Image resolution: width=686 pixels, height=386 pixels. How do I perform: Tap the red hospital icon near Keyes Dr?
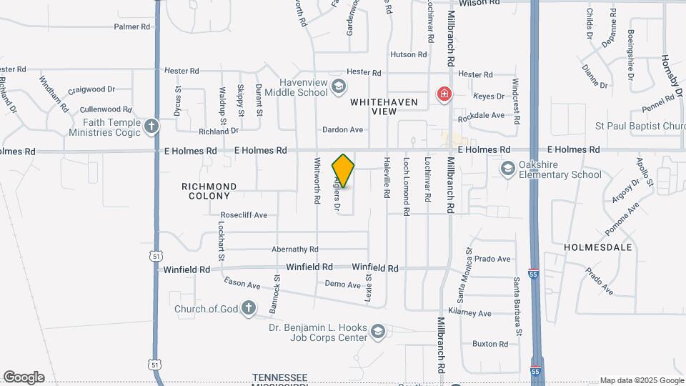pyautogui.click(x=444, y=94)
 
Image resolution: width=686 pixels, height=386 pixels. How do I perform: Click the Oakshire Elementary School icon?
pyautogui.click(x=507, y=169)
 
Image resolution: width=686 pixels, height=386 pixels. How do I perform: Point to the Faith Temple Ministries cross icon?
pyautogui.click(x=151, y=127)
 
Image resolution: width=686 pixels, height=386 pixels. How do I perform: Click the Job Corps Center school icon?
pyautogui.click(x=377, y=332)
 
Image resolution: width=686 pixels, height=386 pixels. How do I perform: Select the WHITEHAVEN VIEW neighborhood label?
pyautogui.click(x=384, y=107)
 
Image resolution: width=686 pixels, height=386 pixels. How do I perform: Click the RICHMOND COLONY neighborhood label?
pyautogui.click(x=209, y=191)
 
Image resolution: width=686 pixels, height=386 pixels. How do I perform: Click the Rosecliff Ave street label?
pyautogui.click(x=244, y=214)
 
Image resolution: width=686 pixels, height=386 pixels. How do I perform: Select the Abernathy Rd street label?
pyautogui.click(x=294, y=249)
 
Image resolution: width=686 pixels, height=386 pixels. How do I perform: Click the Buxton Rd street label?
pyautogui.click(x=490, y=344)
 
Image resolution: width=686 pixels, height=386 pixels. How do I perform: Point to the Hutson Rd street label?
pyautogui.click(x=408, y=54)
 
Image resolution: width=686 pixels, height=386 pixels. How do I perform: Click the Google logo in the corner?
pyautogui.click(x=24, y=377)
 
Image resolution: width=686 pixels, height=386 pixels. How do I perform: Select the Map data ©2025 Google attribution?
pyautogui.click(x=641, y=380)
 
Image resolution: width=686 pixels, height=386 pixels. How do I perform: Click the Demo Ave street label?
pyautogui.click(x=343, y=284)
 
